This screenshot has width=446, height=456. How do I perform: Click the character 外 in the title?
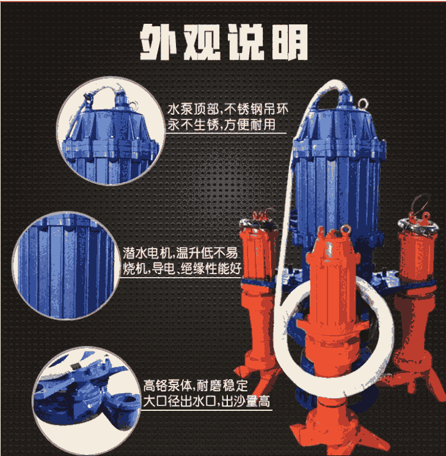(x=159, y=42)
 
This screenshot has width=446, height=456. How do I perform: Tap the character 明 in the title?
(x=290, y=42)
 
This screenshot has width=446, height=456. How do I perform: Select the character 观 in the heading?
(x=202, y=42)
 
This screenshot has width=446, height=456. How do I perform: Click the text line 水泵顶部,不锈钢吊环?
(x=228, y=109)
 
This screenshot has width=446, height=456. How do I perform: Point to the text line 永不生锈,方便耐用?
(x=222, y=125)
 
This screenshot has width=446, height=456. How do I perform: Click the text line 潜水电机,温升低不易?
(x=180, y=253)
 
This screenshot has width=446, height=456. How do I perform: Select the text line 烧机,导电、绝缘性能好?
(x=182, y=268)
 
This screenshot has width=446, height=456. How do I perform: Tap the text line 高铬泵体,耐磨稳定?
(x=196, y=386)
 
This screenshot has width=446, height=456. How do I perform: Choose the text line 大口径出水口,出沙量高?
(x=207, y=401)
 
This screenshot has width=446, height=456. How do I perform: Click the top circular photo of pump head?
(x=111, y=131)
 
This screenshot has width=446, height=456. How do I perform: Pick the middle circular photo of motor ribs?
(x=66, y=266)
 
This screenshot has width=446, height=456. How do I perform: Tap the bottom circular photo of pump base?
(x=87, y=400)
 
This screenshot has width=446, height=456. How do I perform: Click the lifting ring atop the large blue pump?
(x=363, y=104)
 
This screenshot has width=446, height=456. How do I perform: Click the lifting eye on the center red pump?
(x=346, y=230)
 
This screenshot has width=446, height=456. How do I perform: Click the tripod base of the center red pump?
(x=339, y=427)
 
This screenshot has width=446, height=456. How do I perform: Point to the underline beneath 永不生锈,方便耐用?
(x=226, y=133)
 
